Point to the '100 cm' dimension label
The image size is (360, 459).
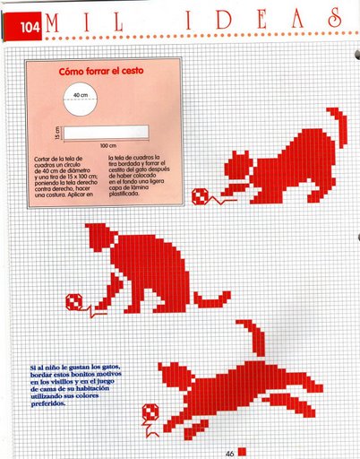107,146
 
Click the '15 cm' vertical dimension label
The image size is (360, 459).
56,134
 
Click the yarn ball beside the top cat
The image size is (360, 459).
200,196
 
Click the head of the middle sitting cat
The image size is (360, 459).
106,238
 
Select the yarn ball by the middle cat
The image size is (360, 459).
78,301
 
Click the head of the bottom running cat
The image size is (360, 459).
173,375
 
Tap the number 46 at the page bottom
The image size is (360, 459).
229,453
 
